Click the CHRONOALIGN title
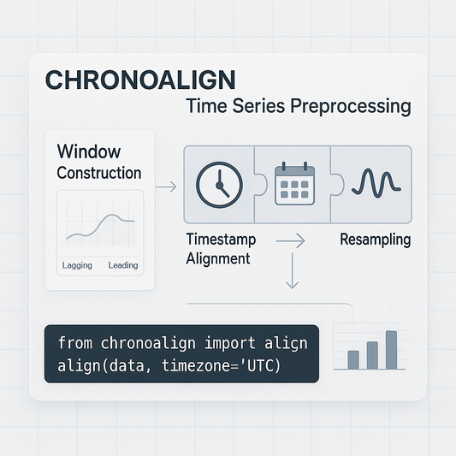point(139,80)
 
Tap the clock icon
point(220,183)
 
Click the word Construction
point(98,173)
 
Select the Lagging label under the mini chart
point(77,265)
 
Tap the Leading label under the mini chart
point(123,265)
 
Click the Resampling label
point(375,240)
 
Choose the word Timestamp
point(221,240)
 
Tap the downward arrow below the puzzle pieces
point(292,274)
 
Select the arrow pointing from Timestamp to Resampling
point(290,242)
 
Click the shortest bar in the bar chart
point(352,359)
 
